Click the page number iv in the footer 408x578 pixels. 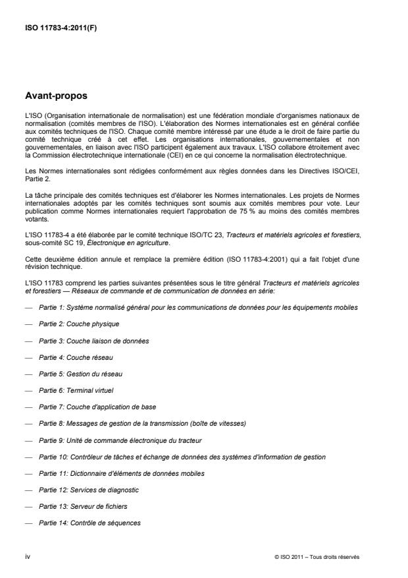pos(27,557)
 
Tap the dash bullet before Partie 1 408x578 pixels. pos(28,308)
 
